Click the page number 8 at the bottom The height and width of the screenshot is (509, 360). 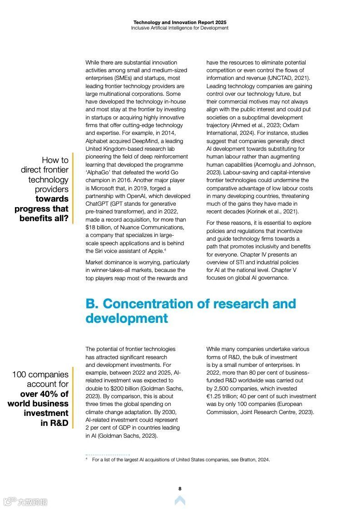(x=180, y=489)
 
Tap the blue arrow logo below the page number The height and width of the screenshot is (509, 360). (x=180, y=500)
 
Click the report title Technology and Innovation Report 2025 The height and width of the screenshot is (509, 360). (x=180, y=22)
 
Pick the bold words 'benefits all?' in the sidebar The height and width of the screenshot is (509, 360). (x=44, y=218)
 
